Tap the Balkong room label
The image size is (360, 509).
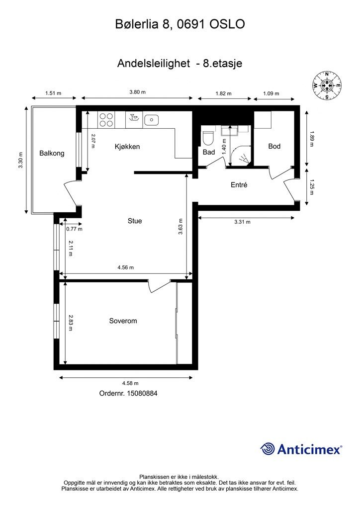[x=52, y=153]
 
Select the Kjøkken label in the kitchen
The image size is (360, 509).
[x=127, y=147]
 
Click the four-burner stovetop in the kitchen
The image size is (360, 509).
[x=106, y=120]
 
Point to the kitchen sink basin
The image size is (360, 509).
[x=151, y=119]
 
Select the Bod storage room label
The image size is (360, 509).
[x=274, y=146]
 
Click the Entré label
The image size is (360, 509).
[x=239, y=185]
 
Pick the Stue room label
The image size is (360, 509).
[x=135, y=221]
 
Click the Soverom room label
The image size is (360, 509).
[x=123, y=321]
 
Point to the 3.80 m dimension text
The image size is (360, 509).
[x=137, y=92]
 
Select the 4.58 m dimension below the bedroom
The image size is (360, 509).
[x=130, y=383]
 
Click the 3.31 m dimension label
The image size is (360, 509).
[x=243, y=222]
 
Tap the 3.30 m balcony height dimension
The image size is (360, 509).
[x=21, y=160]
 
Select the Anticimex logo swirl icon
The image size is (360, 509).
[x=268, y=449]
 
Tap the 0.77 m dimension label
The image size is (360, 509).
[x=74, y=229]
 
